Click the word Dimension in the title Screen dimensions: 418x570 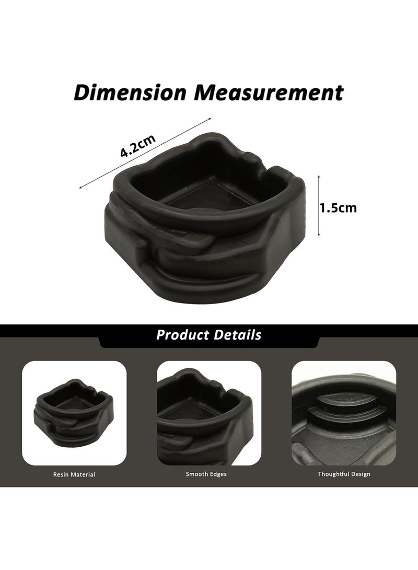(x=130, y=92)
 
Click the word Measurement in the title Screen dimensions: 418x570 (x=269, y=92)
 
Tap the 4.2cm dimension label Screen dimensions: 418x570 (x=138, y=145)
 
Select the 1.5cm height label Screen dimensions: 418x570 (x=338, y=208)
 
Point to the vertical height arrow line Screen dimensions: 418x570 (x=319, y=206)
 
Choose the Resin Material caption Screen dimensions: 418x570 (x=74, y=474)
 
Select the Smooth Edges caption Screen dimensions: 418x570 (x=206, y=474)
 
